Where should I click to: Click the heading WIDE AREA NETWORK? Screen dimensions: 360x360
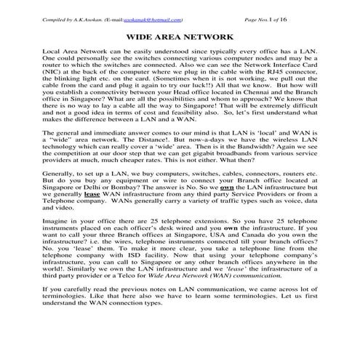(x=180, y=36)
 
